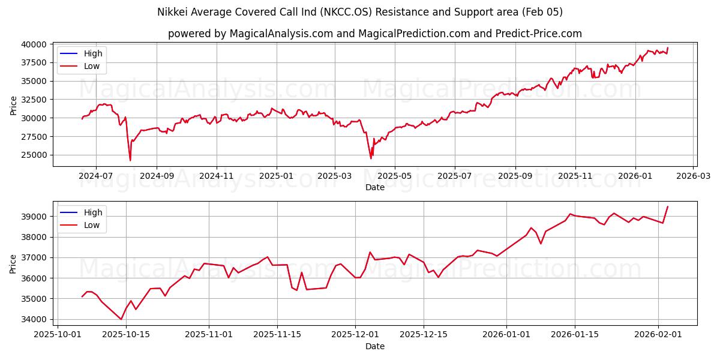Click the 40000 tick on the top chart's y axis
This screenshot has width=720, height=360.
[x=34, y=44]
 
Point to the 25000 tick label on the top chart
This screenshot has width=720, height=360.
[x=34, y=155]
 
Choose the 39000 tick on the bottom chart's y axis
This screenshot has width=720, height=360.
[x=34, y=217]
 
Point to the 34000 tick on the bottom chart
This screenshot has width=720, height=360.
[x=34, y=319]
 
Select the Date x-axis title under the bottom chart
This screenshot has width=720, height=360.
[x=375, y=346]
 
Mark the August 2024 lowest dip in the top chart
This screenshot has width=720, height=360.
[x=130, y=160]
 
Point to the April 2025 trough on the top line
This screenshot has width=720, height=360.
[x=371, y=158]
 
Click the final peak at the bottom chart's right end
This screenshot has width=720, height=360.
[x=668, y=206]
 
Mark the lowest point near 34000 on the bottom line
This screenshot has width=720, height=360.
[x=121, y=319]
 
